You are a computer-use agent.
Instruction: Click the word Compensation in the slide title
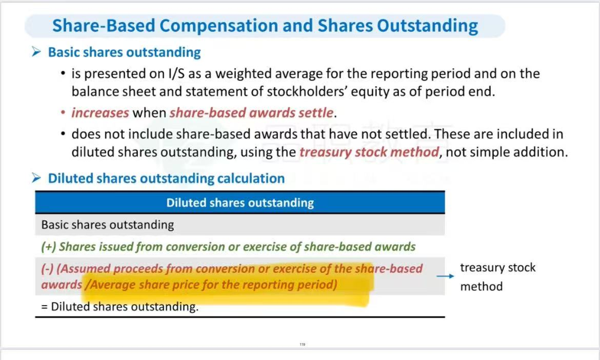218,26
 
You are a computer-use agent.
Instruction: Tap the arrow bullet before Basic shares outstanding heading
36,52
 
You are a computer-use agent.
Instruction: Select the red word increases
100,113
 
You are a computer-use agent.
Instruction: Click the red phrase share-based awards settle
251,113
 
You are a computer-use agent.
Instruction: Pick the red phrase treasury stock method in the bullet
369,152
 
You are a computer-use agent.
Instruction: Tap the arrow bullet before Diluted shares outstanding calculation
36,178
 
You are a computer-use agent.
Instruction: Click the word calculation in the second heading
251,178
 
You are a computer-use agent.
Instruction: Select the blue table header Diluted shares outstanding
240,203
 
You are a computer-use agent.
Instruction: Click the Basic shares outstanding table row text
108,225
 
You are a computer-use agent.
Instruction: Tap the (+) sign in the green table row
49,247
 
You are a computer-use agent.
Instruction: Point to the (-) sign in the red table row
48,269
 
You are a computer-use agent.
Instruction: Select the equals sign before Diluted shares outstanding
45,307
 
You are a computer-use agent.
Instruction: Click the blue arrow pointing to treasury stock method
445,276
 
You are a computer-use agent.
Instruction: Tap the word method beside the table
482,287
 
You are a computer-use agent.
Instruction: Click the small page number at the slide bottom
302,344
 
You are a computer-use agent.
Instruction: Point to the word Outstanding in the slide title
427,26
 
